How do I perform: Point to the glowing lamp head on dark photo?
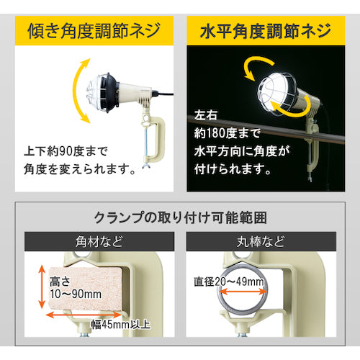[x=277, y=89]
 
